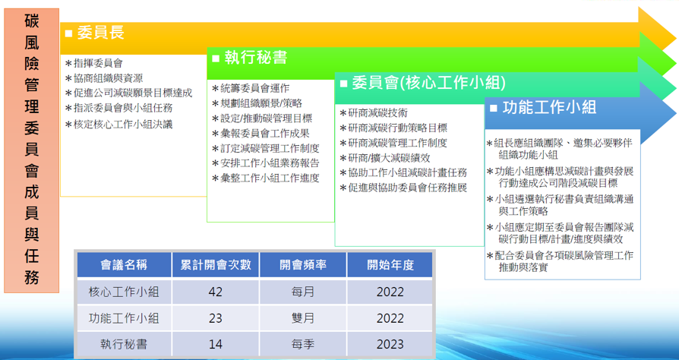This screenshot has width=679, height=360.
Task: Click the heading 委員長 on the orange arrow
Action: pyautogui.click(x=101, y=33)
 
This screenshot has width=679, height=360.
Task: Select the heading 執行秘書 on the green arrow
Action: pyautogui.click(x=256, y=58)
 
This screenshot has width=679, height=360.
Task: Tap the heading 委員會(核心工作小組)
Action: pyautogui.click(x=428, y=83)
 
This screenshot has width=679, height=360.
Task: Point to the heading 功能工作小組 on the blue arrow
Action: pyautogui.click(x=550, y=107)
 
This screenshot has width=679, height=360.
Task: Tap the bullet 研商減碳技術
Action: pyautogui.click(x=374, y=113)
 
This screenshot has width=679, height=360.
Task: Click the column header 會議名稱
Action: pyautogui.click(x=124, y=265)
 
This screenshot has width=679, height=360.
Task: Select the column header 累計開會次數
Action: pyautogui.click(x=216, y=265)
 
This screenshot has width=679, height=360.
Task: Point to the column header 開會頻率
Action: pyautogui.click(x=303, y=265)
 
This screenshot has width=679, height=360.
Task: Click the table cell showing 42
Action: pyautogui.click(x=215, y=292)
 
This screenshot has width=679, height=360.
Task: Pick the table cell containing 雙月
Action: pyautogui.click(x=303, y=318)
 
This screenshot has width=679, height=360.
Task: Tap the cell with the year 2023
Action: pyautogui.click(x=390, y=345)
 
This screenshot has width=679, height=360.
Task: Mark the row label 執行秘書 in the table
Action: pyautogui.click(x=124, y=345)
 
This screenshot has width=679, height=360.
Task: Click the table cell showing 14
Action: pyautogui.click(x=215, y=345)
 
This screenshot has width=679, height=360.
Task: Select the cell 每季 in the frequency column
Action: pyautogui.click(x=303, y=345)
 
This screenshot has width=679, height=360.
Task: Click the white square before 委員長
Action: pyautogui.click(x=68, y=33)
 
